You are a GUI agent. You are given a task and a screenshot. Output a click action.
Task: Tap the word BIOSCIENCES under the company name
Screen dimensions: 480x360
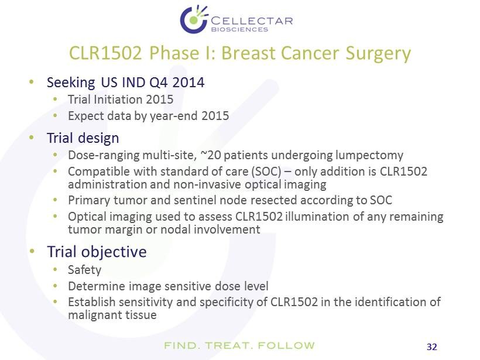tap(239, 29)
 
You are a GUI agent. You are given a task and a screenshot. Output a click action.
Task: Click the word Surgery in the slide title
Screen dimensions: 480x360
tap(378, 54)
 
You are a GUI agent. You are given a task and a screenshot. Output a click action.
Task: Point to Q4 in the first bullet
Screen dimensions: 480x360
tap(159, 83)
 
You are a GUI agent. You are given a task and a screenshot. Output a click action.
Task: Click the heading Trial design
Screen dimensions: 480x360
tap(83, 138)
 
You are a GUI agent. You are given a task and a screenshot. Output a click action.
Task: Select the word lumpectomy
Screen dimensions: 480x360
tap(369, 156)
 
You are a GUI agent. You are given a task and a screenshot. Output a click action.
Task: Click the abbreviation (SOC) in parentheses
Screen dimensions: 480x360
tap(266, 172)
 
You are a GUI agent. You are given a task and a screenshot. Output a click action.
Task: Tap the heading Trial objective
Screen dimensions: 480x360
tap(97, 252)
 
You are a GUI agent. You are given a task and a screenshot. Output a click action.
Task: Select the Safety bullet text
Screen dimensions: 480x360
tap(84, 270)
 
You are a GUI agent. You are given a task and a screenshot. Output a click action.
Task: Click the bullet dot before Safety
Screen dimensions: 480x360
tap(55, 269)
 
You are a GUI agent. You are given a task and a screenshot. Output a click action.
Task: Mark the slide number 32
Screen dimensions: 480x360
tap(431, 347)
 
